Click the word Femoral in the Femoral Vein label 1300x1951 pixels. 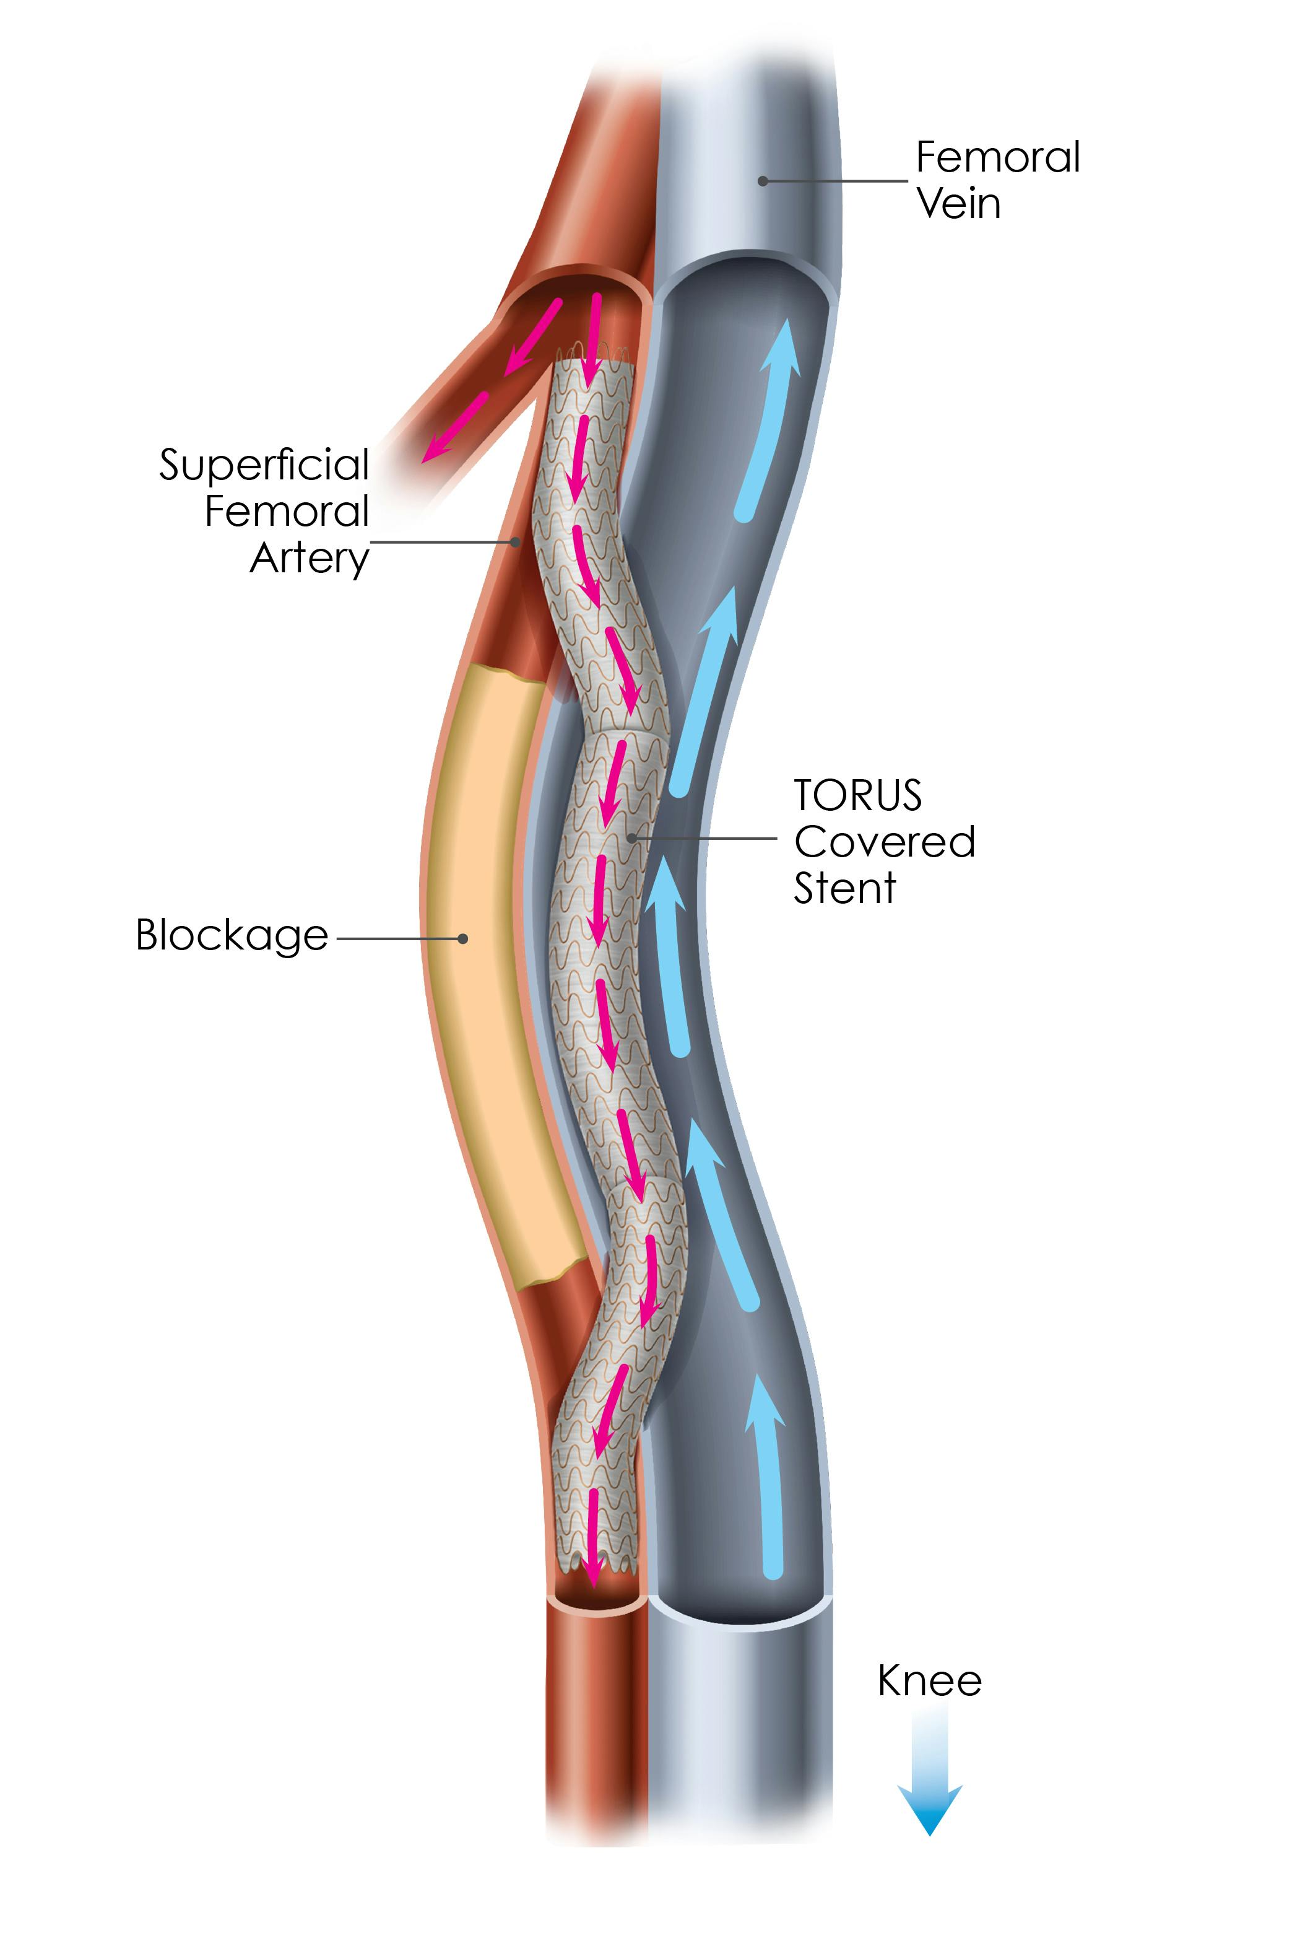click(997, 157)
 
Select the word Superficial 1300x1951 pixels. click(264, 465)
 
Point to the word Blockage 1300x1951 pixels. click(232, 936)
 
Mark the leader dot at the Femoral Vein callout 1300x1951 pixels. click(763, 180)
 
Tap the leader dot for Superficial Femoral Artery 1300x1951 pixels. click(516, 543)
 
